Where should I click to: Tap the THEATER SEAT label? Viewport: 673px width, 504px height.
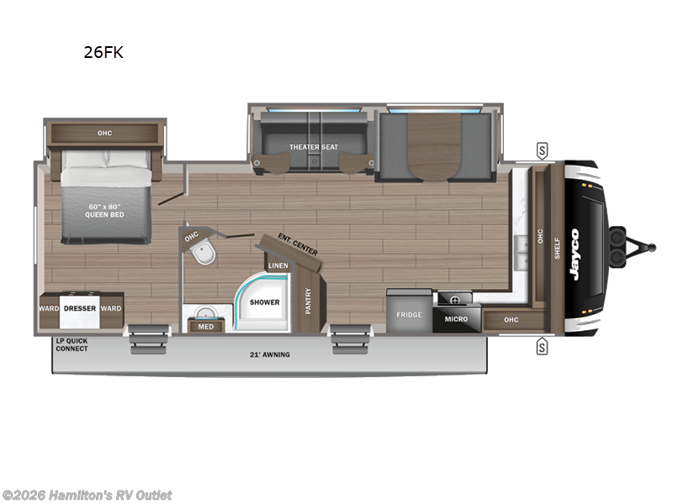coord(314,147)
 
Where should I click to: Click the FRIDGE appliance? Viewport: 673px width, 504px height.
coord(409,314)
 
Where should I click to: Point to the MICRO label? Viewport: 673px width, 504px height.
coord(456,318)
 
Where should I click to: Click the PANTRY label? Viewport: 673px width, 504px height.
coord(308,301)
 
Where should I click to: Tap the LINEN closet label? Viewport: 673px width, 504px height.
coord(278,266)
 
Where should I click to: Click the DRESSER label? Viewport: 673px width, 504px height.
coord(80,308)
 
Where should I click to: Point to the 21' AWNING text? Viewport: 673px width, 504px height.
coord(269,354)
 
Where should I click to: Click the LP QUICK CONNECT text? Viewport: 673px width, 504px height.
coord(71,344)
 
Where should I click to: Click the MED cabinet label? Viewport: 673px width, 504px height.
coord(205,327)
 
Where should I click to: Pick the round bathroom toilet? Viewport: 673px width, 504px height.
coord(201,254)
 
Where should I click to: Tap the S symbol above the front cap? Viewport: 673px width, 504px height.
coord(542,151)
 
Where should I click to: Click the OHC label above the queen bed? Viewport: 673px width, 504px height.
coord(104,133)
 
